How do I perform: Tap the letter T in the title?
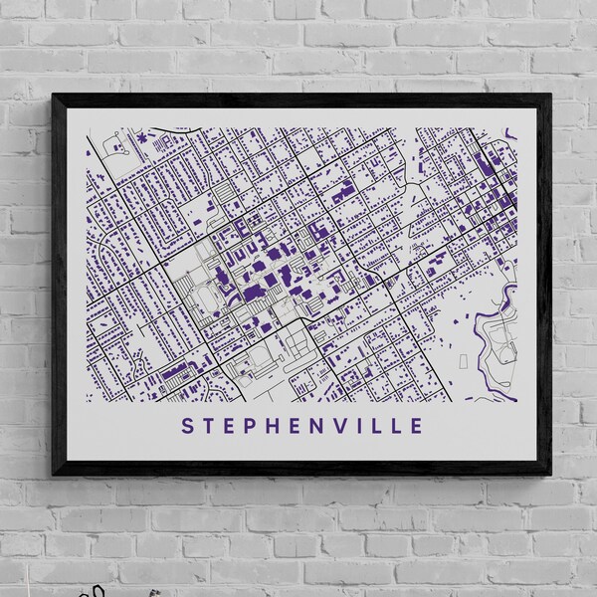point(208,426)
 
